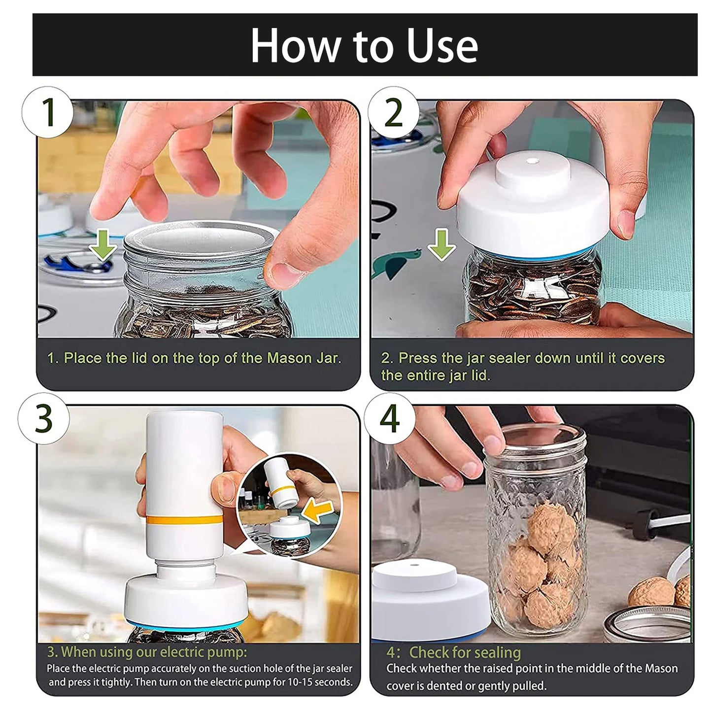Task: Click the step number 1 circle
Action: [x=47, y=112]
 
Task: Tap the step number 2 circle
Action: [x=393, y=112]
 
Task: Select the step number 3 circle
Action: [x=43, y=418]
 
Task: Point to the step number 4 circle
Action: [x=389, y=418]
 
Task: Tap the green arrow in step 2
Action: [x=441, y=244]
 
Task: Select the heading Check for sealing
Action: [x=465, y=652]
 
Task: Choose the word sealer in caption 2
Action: [x=510, y=358]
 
